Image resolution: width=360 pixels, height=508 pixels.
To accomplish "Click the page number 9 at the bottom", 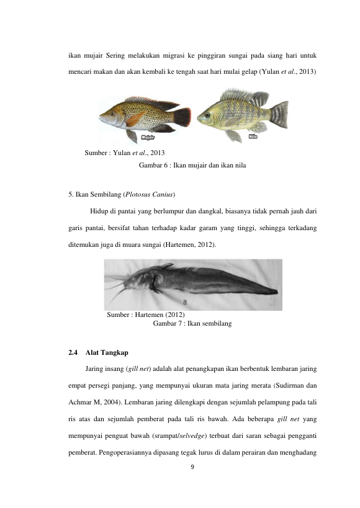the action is (x=192, y=467).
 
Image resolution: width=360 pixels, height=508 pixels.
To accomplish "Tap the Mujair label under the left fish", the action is (x=148, y=138).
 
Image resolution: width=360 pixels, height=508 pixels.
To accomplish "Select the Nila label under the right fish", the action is (x=253, y=136).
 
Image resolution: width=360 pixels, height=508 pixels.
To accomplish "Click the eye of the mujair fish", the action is (x=112, y=114).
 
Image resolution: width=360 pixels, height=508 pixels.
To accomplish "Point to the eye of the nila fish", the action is (x=207, y=115).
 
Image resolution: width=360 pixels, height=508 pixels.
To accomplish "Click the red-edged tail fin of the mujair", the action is (x=182, y=117).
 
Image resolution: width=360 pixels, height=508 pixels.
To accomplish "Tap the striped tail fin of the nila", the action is (x=279, y=114).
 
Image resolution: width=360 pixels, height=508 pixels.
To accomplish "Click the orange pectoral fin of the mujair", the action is (x=134, y=119).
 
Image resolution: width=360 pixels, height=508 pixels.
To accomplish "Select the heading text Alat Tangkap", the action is (x=107, y=352).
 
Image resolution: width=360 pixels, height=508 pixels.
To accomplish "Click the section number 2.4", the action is (x=73, y=352).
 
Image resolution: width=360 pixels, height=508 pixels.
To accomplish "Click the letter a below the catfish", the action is (x=185, y=302).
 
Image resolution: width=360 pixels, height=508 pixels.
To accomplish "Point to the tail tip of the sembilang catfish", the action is (x=277, y=292).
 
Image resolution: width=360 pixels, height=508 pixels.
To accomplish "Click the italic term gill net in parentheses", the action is (x=138, y=369).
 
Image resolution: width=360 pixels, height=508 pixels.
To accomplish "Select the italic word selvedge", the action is (x=192, y=436).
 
